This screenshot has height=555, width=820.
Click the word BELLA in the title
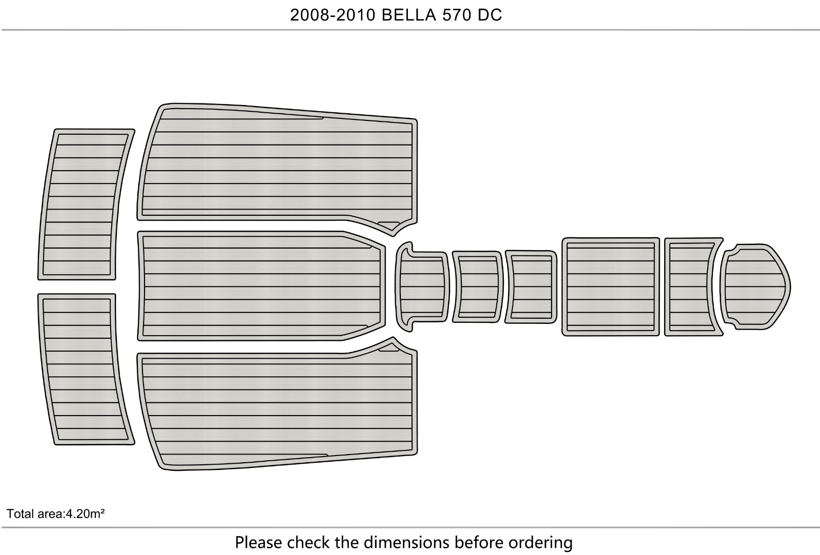click(x=409, y=15)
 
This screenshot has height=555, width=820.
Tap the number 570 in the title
click(x=457, y=15)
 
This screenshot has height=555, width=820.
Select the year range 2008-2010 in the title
click(x=333, y=15)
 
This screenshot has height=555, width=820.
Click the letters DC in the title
click(x=489, y=15)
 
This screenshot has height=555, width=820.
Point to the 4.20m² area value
click(x=85, y=513)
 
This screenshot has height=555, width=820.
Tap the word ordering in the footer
click(x=541, y=543)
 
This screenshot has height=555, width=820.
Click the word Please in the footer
click(x=258, y=542)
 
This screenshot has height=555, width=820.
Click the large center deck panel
click(x=261, y=286)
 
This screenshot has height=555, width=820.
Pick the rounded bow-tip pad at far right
click(x=755, y=286)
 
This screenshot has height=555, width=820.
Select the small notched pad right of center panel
click(x=422, y=286)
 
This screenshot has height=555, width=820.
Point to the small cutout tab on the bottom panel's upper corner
click(x=388, y=349)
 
